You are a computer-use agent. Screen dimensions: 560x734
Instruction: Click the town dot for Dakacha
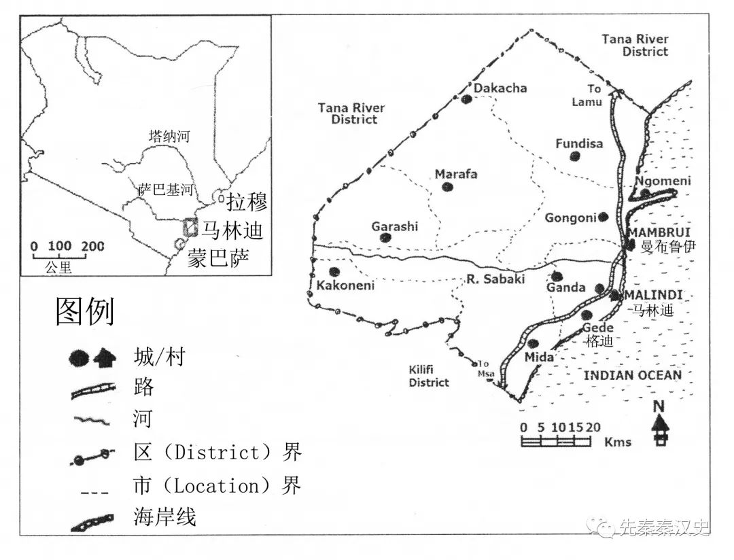pyautogui.click(x=466, y=99)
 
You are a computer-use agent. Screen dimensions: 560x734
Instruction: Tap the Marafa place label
pyautogui.click(x=456, y=174)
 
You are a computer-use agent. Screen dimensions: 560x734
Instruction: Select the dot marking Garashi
pyautogui.click(x=385, y=238)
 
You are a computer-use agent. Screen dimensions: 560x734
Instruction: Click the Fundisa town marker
pyautogui.click(x=575, y=156)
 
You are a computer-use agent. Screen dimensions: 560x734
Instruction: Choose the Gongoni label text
pyautogui.click(x=570, y=217)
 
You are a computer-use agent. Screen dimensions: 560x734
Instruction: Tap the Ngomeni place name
pyautogui.click(x=662, y=181)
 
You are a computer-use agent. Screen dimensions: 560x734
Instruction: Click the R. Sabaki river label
pyautogui.click(x=496, y=279)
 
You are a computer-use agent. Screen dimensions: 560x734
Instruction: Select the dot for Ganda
pyautogui.click(x=557, y=276)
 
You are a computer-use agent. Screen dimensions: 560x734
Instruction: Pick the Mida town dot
pyautogui.click(x=534, y=343)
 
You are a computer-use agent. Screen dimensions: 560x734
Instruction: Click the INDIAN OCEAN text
pyautogui.click(x=633, y=375)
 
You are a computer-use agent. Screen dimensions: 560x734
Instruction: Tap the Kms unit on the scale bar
pyautogui.click(x=618, y=442)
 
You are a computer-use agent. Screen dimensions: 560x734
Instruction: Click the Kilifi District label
pyautogui.click(x=429, y=376)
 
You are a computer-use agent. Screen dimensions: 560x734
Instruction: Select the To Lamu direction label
pyautogui.click(x=587, y=95)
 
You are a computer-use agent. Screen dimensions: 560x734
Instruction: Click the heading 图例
pyautogui.click(x=84, y=312)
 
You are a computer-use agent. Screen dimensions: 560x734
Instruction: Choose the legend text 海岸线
pyautogui.click(x=165, y=517)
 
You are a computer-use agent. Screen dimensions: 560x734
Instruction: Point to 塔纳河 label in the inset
pyautogui.click(x=170, y=137)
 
